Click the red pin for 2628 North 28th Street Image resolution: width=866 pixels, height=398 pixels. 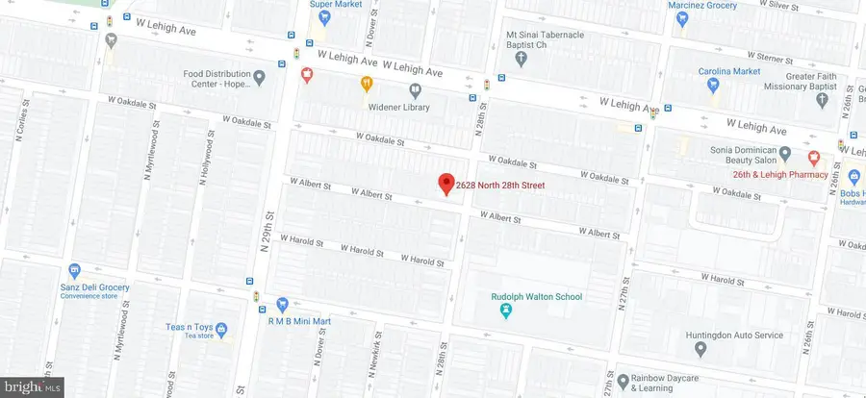pyautogui.click(x=446, y=183)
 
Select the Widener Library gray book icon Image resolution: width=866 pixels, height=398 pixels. pyautogui.click(x=416, y=91)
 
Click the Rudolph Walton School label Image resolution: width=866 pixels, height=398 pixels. pyautogui.click(x=537, y=297)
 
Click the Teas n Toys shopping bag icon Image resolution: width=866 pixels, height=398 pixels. pyautogui.click(x=221, y=330)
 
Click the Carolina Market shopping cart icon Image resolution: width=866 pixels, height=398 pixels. pyautogui.click(x=713, y=85)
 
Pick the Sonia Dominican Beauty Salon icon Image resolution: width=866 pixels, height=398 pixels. pyautogui.click(x=784, y=154)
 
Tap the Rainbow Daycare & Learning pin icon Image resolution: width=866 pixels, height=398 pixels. pyautogui.click(x=623, y=382)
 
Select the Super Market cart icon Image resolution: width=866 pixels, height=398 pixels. pyautogui.click(x=324, y=16)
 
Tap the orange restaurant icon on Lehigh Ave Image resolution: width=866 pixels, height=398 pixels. pyautogui.click(x=366, y=83)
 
